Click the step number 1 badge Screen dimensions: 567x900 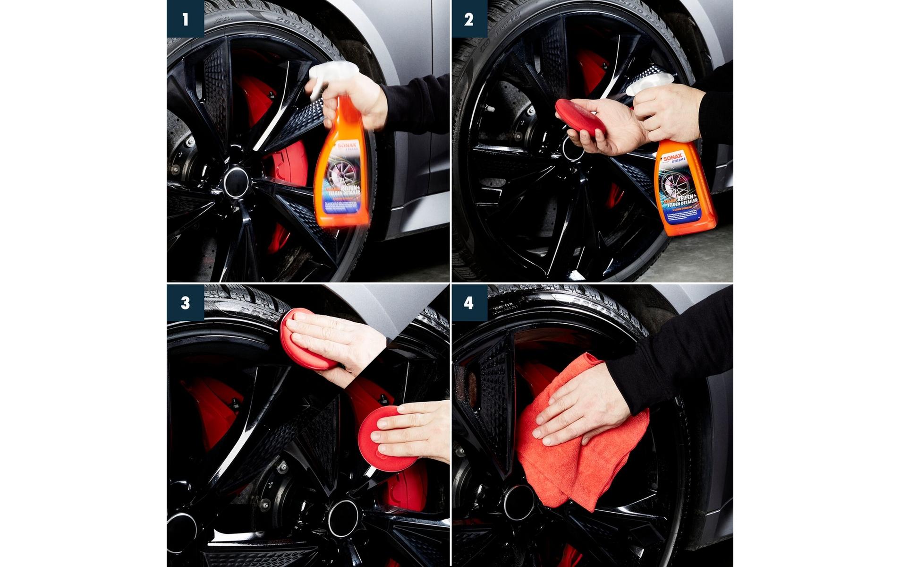pos(185,19)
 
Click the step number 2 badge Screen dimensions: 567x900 pos(469,19)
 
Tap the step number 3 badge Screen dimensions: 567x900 pos(185,302)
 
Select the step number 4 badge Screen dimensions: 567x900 pos(469,302)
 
